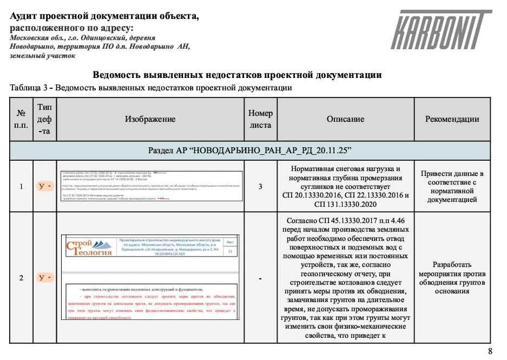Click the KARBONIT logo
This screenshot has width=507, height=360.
coord(441,30)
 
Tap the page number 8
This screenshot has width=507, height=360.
coord(490,351)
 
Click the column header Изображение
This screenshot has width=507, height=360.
coord(150,119)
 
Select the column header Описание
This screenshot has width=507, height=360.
coord(345,119)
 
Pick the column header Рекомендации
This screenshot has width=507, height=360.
coord(452,119)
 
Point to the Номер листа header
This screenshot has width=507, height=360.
coord(260,119)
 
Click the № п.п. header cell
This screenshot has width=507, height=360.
coord(21,119)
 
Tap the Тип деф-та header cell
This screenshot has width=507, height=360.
coord(44,119)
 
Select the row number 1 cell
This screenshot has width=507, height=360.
coord(21,186)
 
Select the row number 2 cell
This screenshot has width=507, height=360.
coord(21,278)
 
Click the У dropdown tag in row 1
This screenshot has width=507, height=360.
coord(44,186)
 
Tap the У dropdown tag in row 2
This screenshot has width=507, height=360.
coord(44,278)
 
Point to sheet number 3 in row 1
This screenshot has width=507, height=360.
coord(260,186)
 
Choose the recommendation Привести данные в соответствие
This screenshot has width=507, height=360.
coord(452,186)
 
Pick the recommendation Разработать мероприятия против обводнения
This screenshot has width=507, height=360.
coord(452,278)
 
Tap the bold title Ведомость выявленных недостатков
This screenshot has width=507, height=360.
coord(237,75)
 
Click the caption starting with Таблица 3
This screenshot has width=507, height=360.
coord(151,88)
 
